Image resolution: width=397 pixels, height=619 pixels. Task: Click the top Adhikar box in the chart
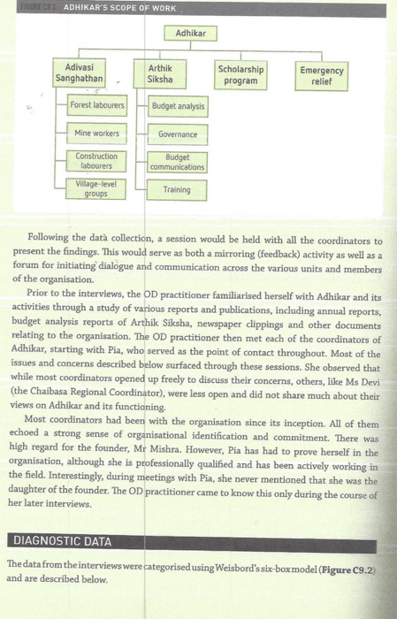click(189, 32)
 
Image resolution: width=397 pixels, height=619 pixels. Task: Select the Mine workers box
click(97, 134)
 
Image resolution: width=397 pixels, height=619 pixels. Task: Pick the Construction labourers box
click(97, 161)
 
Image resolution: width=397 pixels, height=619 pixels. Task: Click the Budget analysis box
click(178, 107)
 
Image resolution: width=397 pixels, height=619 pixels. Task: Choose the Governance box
click(178, 134)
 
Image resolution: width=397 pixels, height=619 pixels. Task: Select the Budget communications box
click(178, 162)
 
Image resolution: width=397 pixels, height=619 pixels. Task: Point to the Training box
click(178, 189)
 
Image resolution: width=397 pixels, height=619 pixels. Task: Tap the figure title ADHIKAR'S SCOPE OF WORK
click(119, 8)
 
